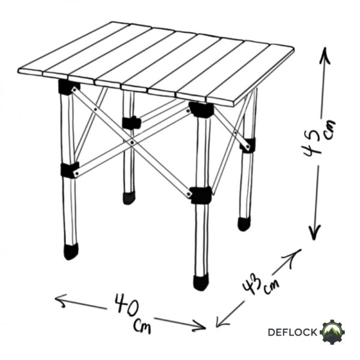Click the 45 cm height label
click(319, 140)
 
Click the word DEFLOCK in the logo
click(292, 332)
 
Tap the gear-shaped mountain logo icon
click(334, 332)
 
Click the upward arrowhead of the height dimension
click(325, 55)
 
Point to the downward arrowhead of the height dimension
click(314, 232)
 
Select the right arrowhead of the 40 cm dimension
click(199, 326)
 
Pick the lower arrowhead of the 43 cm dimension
click(221, 321)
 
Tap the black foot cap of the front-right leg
click(201, 282)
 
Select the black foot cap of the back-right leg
click(244, 224)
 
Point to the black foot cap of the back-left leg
click(129, 198)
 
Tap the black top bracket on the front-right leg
click(202, 110)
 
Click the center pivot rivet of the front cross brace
click(132, 143)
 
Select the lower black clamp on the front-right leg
click(201, 196)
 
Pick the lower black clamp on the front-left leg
click(70, 170)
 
